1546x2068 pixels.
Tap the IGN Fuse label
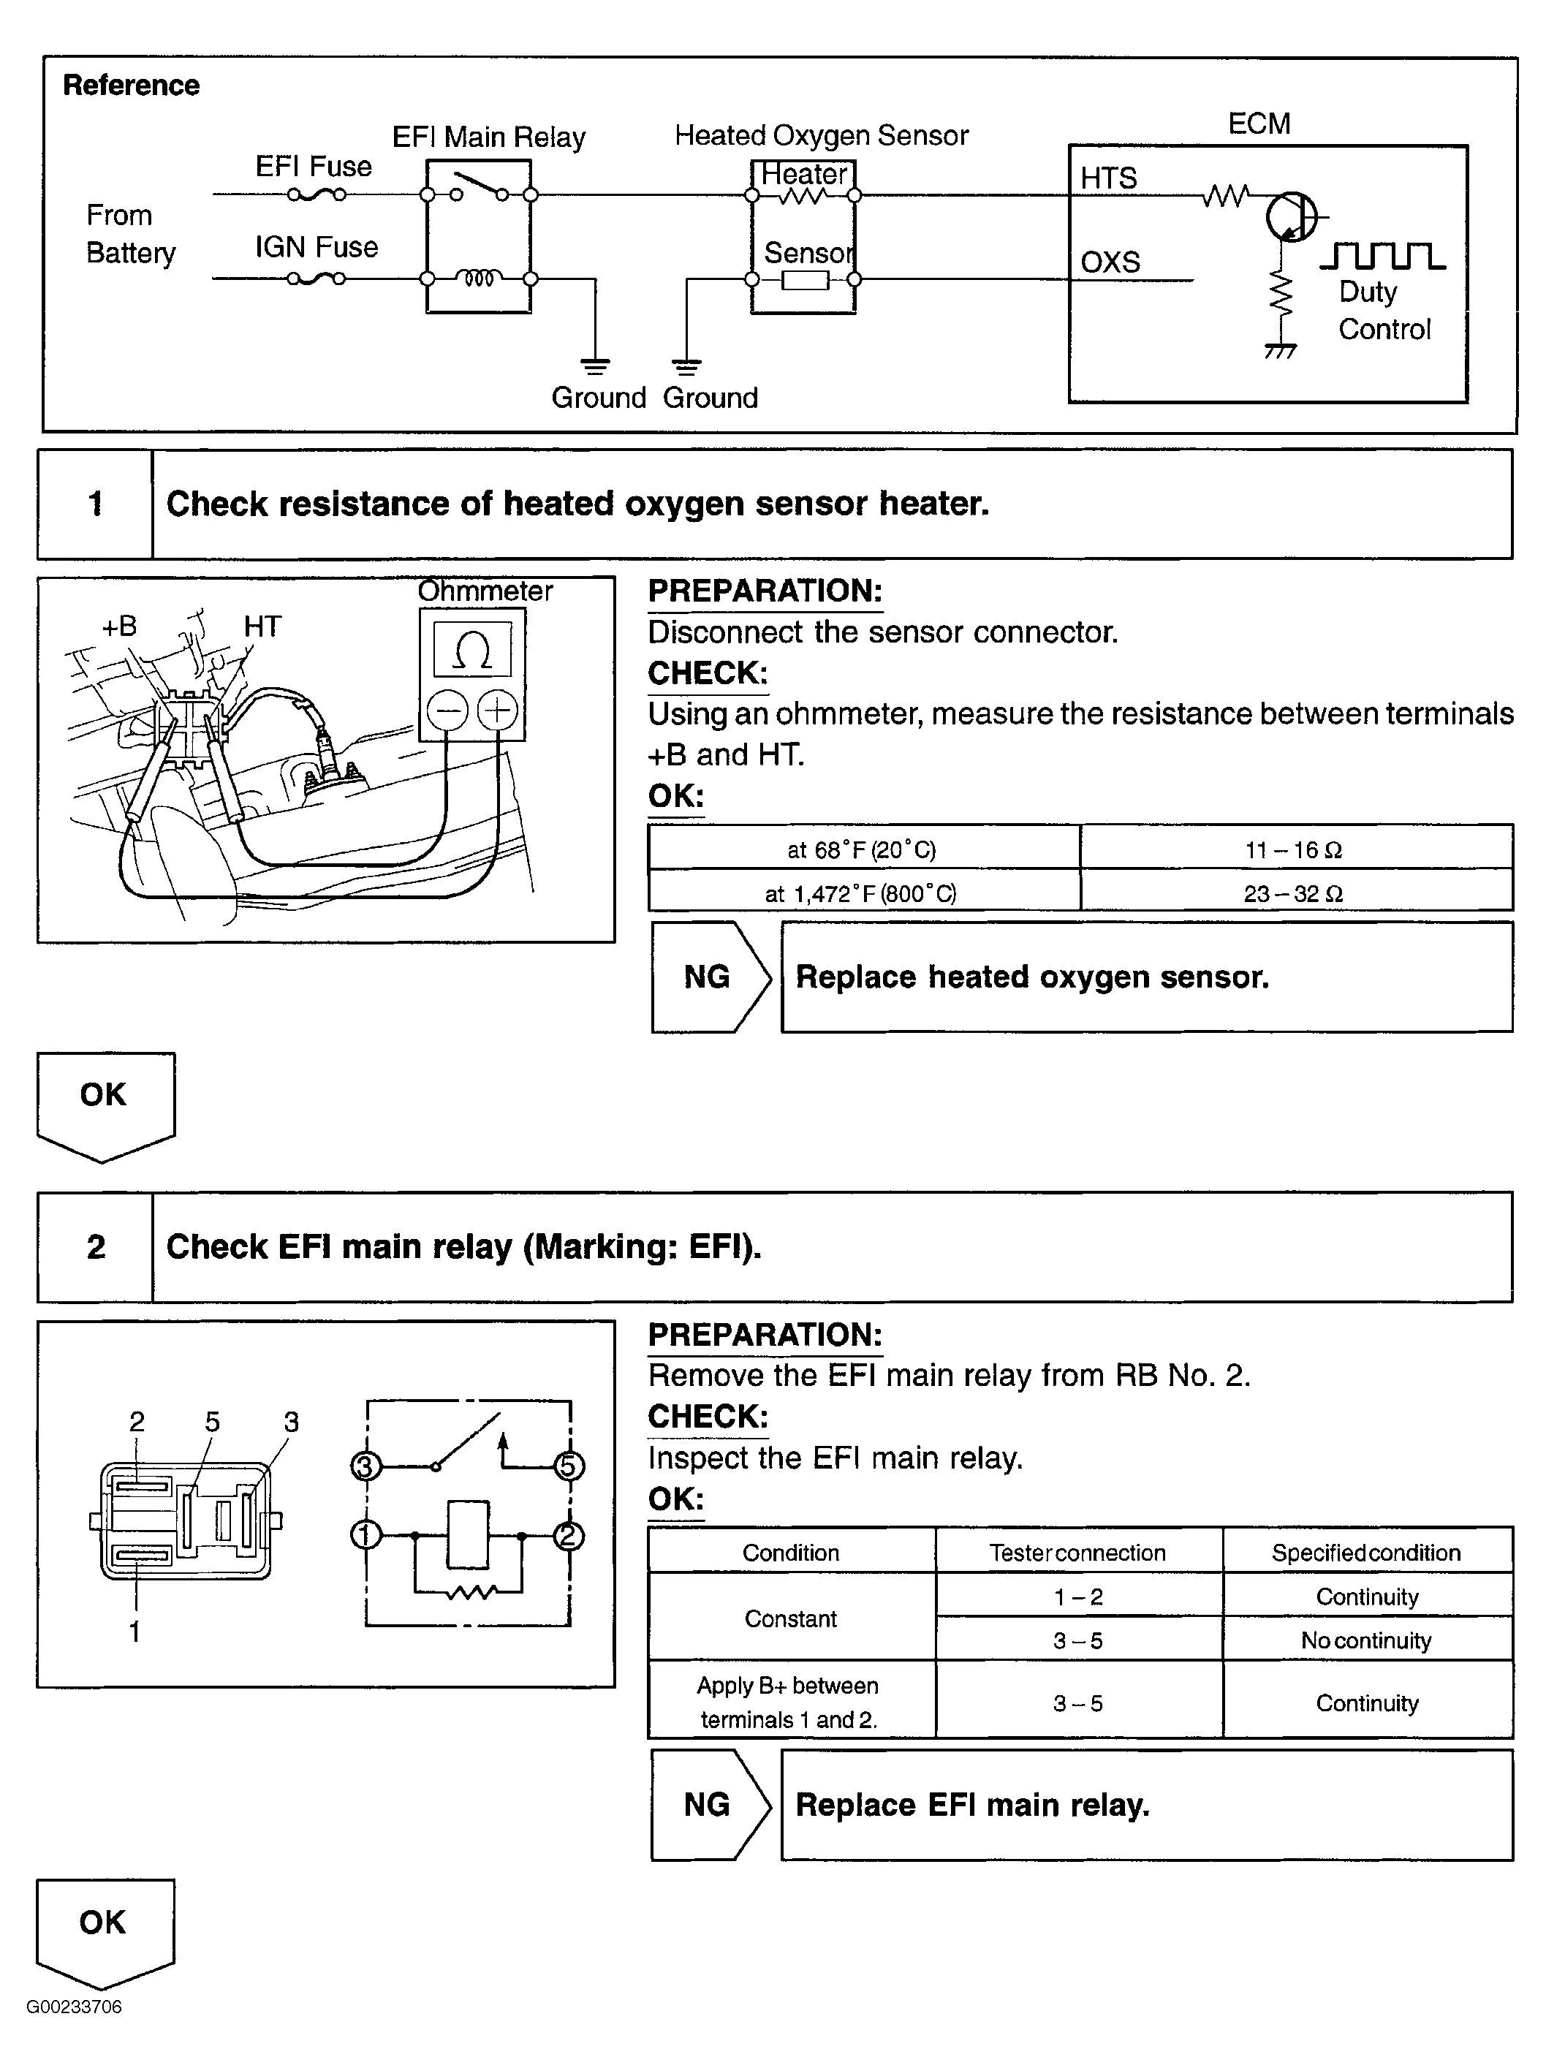[x=316, y=247]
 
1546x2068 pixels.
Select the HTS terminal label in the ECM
[x=1109, y=178]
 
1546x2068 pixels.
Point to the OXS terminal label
[x=1110, y=262]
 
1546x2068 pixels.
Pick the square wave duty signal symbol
[x=1382, y=255]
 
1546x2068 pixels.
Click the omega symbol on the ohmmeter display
[x=472, y=650]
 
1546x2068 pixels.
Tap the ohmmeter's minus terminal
[x=448, y=711]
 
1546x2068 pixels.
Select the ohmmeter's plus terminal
[x=497, y=711]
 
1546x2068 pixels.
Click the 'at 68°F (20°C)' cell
[x=862, y=850]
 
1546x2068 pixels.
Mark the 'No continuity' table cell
[x=1365, y=1641]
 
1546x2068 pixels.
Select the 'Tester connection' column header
[x=1077, y=1553]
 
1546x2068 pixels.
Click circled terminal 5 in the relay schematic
[x=567, y=1466]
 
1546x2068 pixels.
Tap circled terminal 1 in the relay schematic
[x=365, y=1535]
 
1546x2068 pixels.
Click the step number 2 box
[x=95, y=1246]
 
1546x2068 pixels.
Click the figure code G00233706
[x=74, y=2007]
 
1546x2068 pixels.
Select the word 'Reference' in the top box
[x=131, y=85]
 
